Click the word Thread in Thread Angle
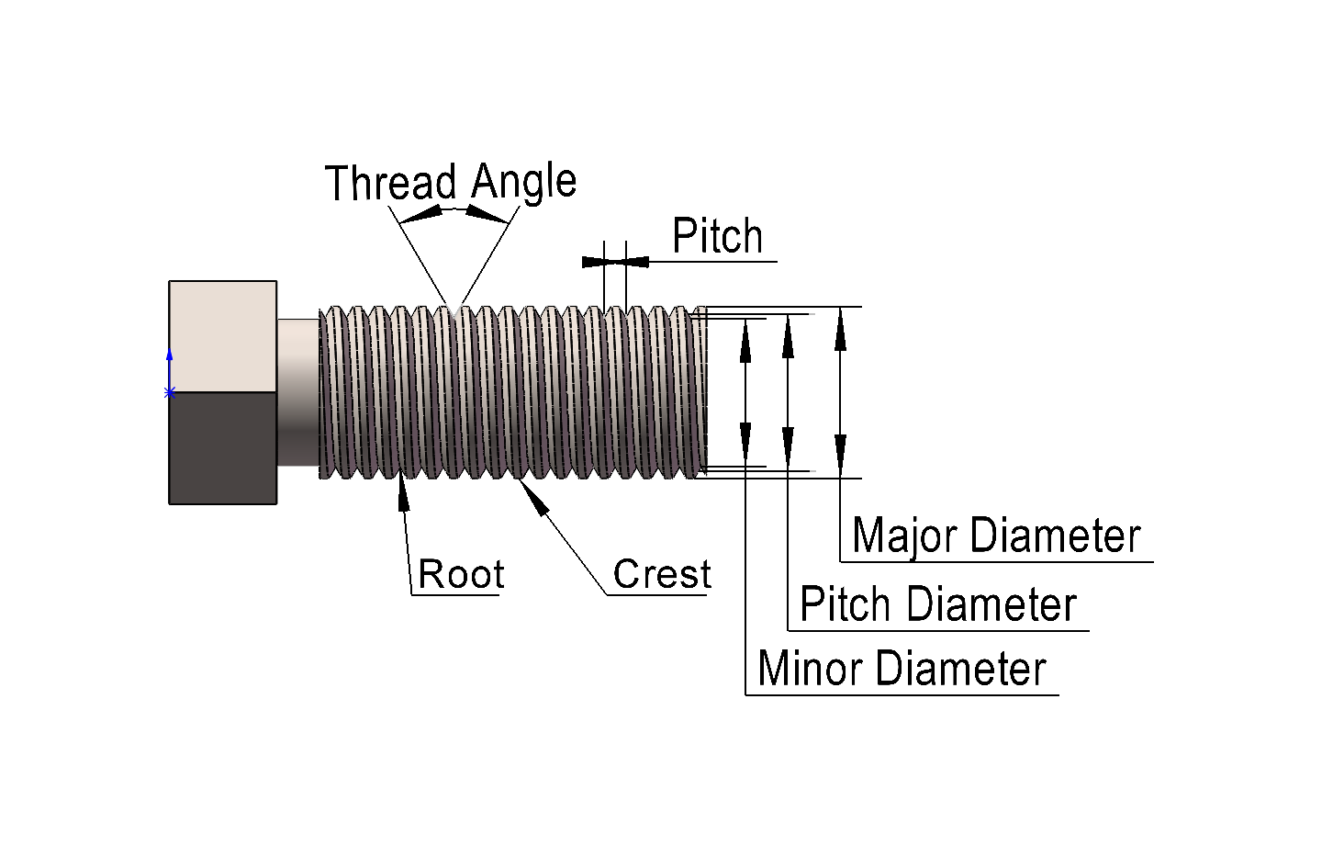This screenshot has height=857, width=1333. coord(390,183)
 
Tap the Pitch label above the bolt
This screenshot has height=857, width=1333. coord(717,237)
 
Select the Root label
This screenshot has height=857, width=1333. coord(461,575)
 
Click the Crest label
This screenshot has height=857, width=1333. coord(661,575)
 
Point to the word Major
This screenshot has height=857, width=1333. coord(903,536)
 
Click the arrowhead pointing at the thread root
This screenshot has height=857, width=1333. coord(402,491)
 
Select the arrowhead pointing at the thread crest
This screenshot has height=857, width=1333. coord(534,497)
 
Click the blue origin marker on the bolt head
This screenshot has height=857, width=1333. coord(169,392)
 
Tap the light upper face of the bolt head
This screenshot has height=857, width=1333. coord(223,336)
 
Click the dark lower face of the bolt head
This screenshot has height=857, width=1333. coord(223,447)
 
